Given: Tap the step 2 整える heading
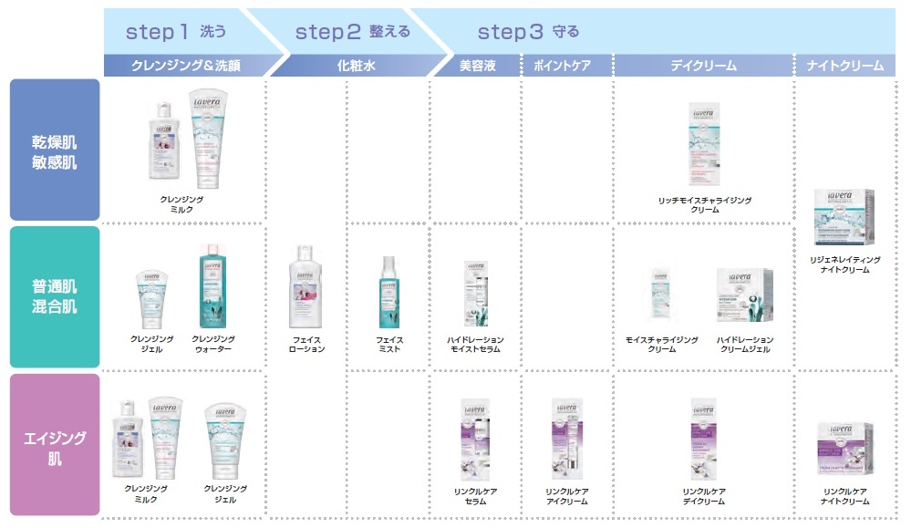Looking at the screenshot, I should click(x=351, y=32).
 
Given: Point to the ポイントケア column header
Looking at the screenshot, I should click(x=565, y=66).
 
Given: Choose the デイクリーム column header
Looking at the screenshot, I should click(x=703, y=66).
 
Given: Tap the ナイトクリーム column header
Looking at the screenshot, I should click(x=844, y=66).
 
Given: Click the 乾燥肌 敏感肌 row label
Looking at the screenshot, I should click(x=55, y=150).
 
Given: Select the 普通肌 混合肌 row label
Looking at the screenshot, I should click(x=55, y=296).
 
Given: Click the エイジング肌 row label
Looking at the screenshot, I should click(x=55, y=447).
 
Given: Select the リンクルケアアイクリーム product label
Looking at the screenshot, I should click(x=566, y=496).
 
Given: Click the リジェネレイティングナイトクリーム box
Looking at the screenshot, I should click(x=844, y=217).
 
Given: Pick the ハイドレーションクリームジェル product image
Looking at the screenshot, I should click(x=744, y=296).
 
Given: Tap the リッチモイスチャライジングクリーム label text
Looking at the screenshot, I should click(x=704, y=204).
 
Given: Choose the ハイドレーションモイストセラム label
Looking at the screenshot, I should click(x=475, y=345).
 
